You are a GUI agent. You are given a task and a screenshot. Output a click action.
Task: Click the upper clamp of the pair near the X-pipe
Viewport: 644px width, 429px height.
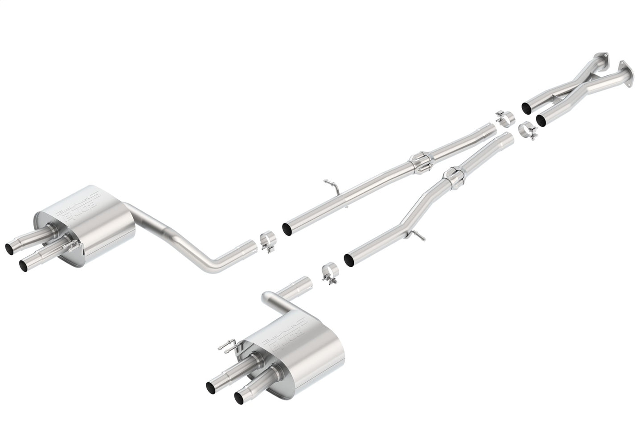pos(505,115)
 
